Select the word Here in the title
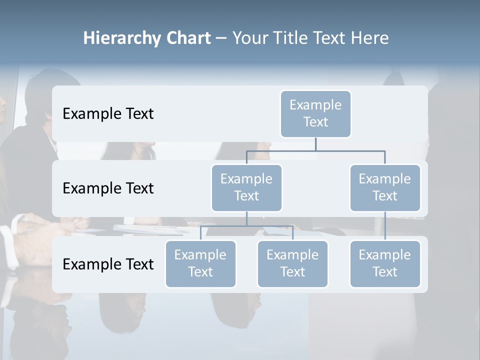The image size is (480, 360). coord(369,38)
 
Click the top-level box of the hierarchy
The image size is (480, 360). coord(315,113)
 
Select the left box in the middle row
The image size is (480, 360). coord(246,187)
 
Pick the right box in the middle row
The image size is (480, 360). coord(385,187)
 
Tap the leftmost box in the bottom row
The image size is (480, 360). coord(200,263)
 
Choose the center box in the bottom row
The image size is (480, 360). coord(292,263)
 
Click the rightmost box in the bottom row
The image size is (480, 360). coord(385,263)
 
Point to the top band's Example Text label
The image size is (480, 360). coord(108,113)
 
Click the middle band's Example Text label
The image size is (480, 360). coord(108,188)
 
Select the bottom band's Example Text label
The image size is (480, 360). coord(108,264)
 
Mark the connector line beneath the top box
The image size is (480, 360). coord(315,144)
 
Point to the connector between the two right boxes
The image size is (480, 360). coord(385,226)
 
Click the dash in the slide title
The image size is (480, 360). coord(221,38)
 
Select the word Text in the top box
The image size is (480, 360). coord(315,122)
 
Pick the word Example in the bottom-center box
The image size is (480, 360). coord(292,255)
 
